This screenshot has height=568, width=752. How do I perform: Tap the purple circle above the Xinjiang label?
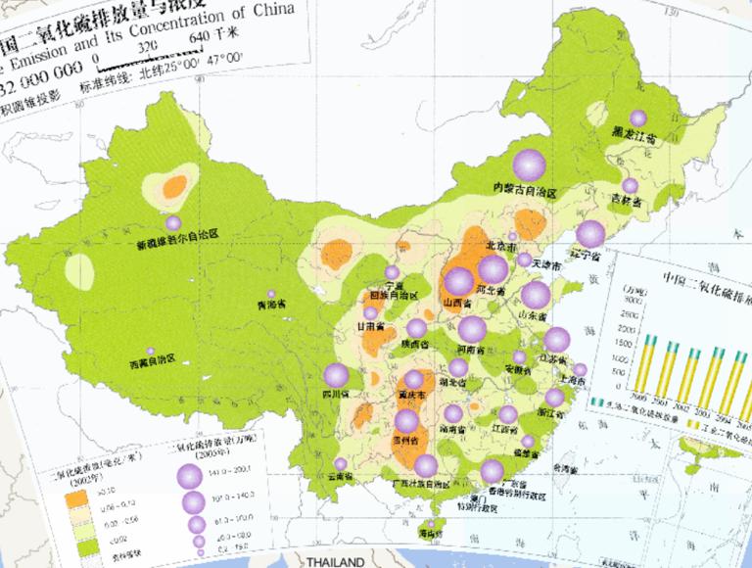pyautogui.click(x=173, y=222)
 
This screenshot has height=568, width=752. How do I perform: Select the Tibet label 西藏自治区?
pyautogui.click(x=151, y=360)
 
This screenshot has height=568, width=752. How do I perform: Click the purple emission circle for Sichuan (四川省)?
pyautogui.click(x=336, y=374)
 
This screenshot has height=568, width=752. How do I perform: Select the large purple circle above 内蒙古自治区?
pyautogui.click(x=530, y=164)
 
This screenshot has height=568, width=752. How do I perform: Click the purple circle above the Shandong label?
pyautogui.click(x=536, y=295)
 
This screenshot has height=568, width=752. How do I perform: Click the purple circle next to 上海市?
pyautogui.click(x=580, y=370)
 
